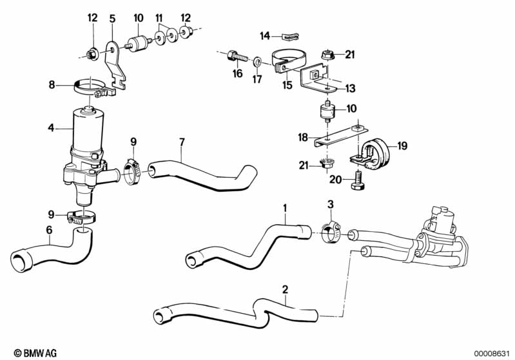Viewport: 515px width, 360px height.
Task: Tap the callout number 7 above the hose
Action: coord(182,141)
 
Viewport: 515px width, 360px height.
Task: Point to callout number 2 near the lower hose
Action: coord(284,289)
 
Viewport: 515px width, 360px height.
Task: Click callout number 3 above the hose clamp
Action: coord(330,205)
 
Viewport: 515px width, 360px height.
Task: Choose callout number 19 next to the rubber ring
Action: coord(402,146)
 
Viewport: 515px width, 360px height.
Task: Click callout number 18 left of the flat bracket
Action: coord(304,137)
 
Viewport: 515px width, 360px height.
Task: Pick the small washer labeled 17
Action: coord(257,62)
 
